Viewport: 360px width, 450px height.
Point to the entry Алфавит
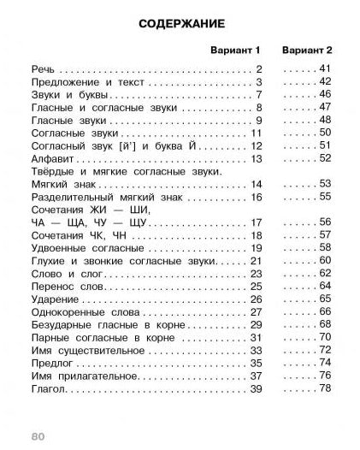pos(52,160)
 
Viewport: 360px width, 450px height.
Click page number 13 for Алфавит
pos(255,160)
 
